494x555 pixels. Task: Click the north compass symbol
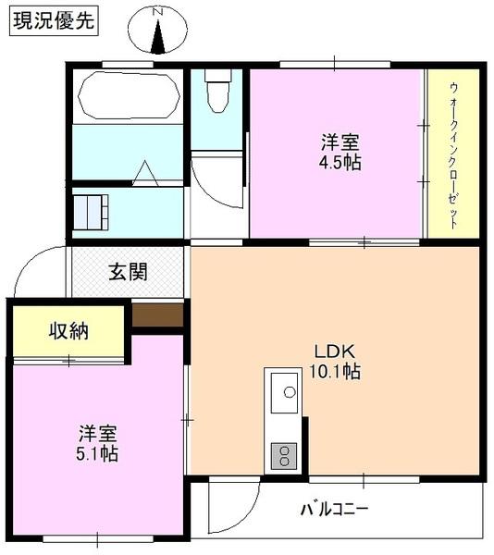[x=158, y=31]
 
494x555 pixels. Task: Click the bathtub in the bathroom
[x=129, y=95]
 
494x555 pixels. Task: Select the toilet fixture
[x=218, y=92]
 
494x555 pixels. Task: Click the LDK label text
[x=335, y=352]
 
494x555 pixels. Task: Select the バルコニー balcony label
[x=334, y=509]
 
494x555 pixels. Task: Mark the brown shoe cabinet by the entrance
[x=157, y=314]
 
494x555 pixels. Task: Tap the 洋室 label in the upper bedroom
[x=340, y=142]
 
